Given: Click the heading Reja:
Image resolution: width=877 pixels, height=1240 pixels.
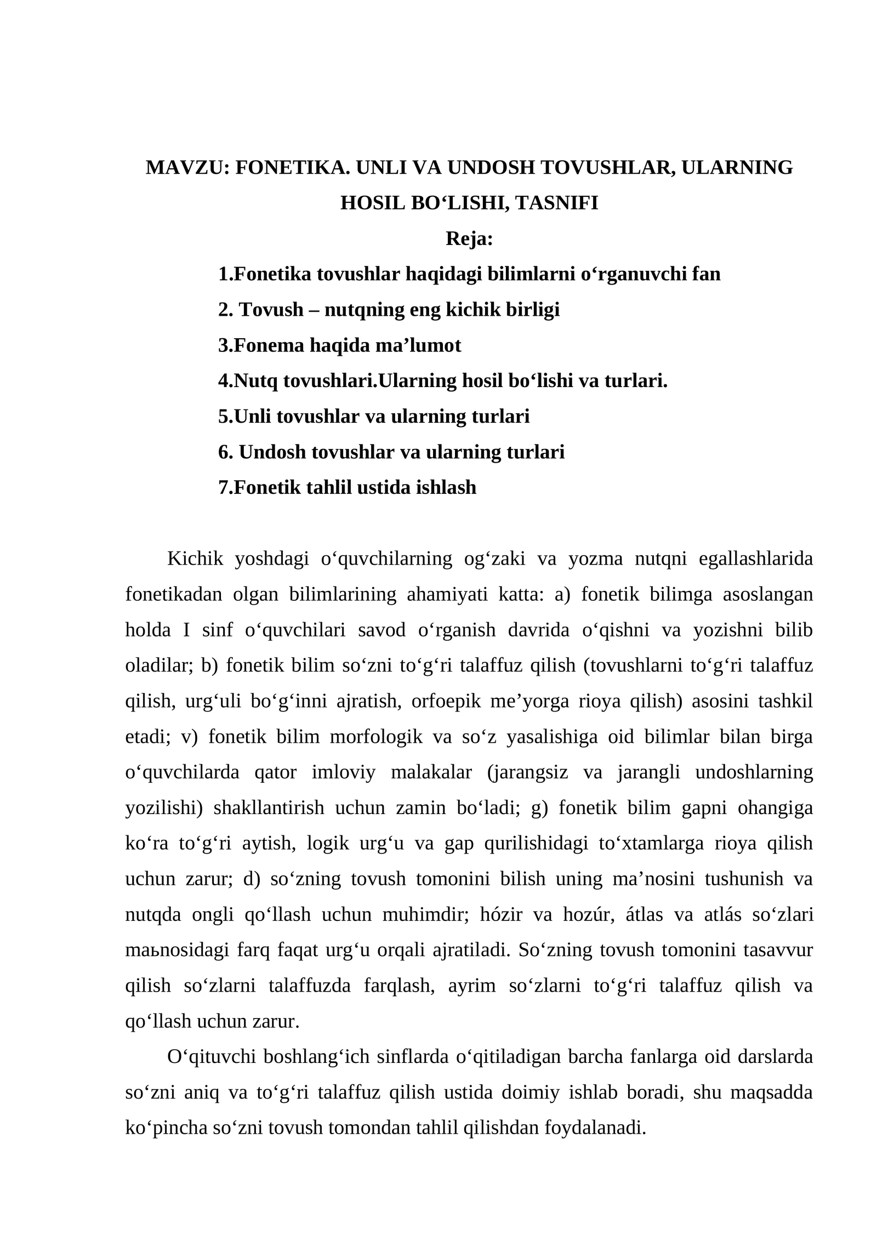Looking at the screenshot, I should point(469,239).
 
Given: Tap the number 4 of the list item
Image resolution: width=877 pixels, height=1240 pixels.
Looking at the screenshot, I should point(223,381).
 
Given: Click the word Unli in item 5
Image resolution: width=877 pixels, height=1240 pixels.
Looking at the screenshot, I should point(253,417).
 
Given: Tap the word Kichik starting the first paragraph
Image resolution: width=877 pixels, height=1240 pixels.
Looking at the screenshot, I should point(195,559).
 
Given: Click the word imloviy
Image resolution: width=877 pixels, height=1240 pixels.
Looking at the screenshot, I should point(344,772).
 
